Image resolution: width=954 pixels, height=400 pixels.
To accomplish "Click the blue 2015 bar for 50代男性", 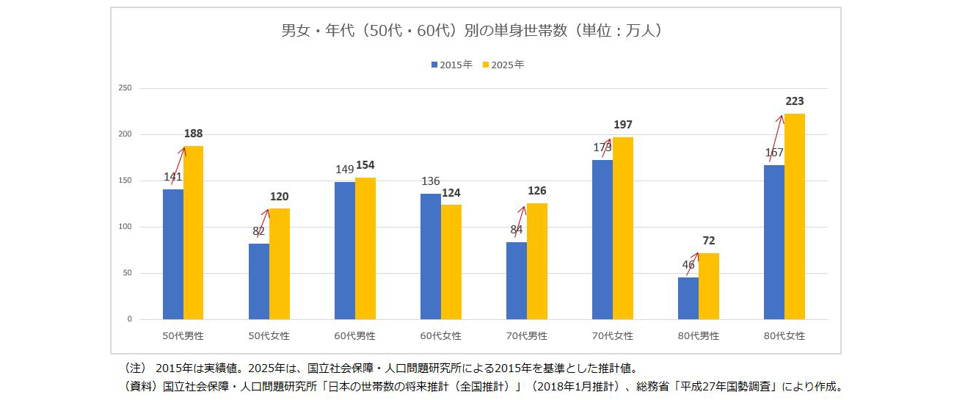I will point(173,254).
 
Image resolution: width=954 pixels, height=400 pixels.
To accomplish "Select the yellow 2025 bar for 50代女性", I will point(280,263).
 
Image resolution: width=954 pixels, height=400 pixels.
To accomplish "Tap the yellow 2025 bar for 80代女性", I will point(795,217).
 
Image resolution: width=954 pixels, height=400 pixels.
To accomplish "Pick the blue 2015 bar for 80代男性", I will point(688,298).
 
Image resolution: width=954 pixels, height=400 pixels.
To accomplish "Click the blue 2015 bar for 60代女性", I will point(431,256).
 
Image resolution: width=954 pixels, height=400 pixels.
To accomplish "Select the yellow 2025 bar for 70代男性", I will point(537,261).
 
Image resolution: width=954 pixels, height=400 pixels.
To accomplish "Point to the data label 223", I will point(795,101).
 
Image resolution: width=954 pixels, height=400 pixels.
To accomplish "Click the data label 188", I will point(194,134).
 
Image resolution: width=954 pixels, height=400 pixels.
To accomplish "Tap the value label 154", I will point(365,165).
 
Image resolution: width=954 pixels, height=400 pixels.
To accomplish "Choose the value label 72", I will point(709,241).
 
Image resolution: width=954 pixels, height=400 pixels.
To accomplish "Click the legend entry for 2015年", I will point(452,65).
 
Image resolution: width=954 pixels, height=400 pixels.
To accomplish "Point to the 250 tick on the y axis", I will point(125,88).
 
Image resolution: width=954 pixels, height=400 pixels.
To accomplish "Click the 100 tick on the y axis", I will point(125,227).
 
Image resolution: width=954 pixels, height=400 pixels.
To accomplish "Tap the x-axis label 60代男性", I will point(355,336).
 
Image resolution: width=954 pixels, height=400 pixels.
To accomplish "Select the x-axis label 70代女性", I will point(613,336).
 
